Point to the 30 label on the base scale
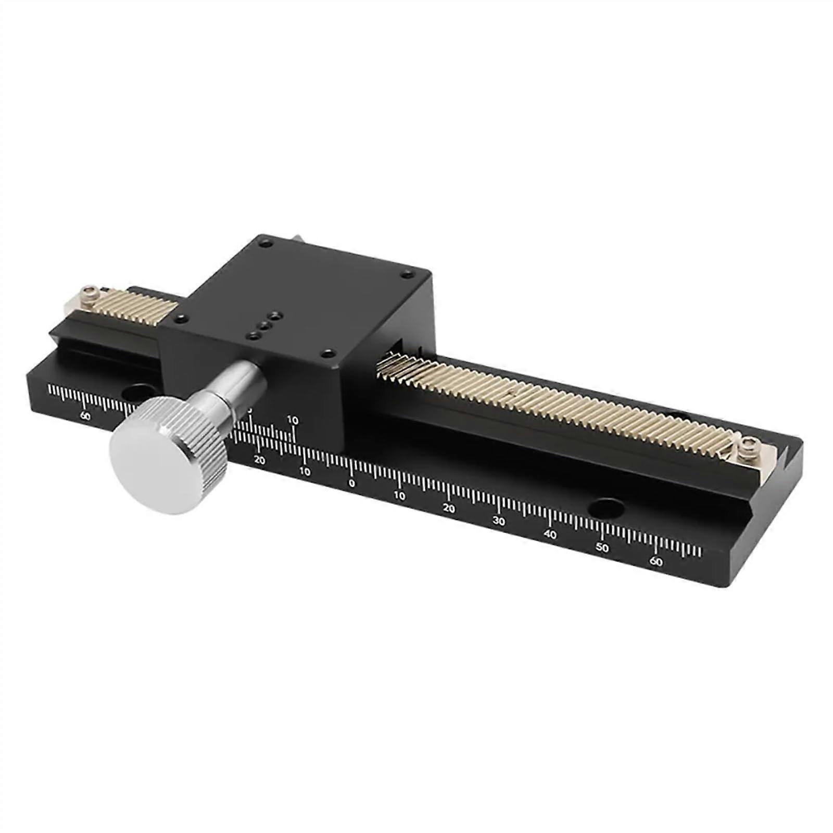499,521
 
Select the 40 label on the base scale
550,535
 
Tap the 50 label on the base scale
602,548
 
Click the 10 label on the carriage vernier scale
293,420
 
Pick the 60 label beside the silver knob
85,415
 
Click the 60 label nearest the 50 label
657,562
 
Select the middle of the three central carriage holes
264,325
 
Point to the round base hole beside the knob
137,390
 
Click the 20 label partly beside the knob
259,460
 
